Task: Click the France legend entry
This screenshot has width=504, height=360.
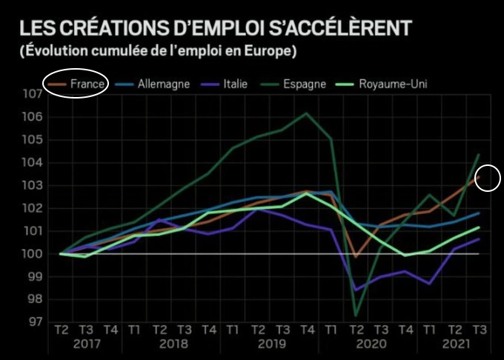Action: [83, 84]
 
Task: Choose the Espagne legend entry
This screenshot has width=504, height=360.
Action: [304, 84]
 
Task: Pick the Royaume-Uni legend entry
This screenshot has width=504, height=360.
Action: [392, 84]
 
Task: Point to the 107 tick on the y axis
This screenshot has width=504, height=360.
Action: [33, 95]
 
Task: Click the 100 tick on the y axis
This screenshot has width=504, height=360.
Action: [33, 254]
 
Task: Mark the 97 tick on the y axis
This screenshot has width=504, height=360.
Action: [33, 322]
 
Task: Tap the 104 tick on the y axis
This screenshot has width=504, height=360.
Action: [33, 163]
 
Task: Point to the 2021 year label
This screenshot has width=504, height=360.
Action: [454, 344]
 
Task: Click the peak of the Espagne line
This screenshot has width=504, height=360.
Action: [306, 113]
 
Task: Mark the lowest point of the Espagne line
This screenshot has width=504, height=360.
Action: [357, 316]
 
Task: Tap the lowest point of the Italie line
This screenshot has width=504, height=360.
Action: [357, 290]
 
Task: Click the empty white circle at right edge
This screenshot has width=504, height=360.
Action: [488, 179]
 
